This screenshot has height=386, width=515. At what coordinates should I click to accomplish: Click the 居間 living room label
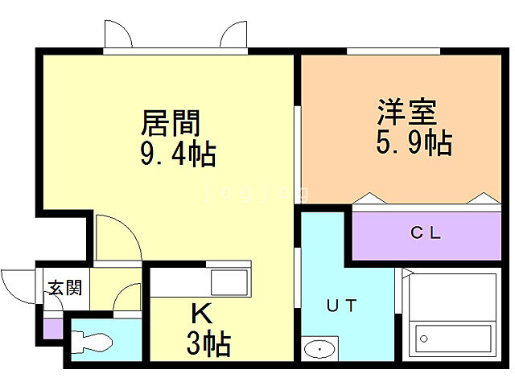point(170,124)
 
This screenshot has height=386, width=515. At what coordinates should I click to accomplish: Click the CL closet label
point(426,234)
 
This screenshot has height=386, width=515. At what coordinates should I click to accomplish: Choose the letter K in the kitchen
point(200,311)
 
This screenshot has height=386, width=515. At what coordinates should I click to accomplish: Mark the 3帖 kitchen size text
point(208,343)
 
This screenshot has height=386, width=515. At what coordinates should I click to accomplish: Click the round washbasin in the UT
point(320,350)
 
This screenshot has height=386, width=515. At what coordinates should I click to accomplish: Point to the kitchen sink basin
point(229,284)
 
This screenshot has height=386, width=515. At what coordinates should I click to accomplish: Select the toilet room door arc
point(127,301)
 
